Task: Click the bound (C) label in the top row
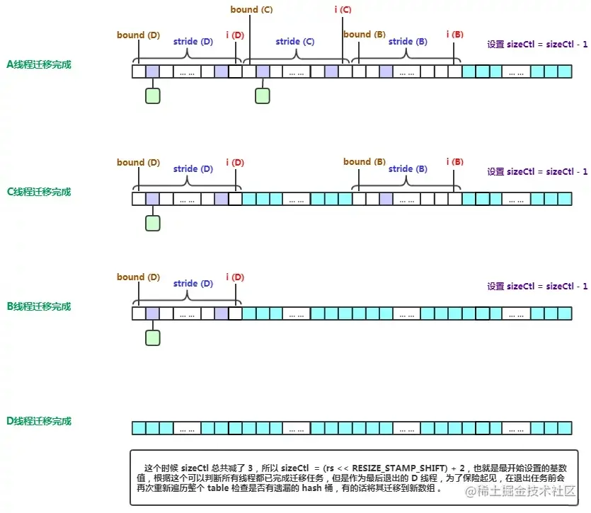251,9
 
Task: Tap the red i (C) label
343,9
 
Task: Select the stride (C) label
294,42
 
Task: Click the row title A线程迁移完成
39,64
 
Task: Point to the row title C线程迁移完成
39,192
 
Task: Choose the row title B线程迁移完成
39,306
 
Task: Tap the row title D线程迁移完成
39,421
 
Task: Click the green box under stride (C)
263,96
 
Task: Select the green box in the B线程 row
153,338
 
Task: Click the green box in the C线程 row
153,223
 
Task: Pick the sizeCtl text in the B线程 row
537,287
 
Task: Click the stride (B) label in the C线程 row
408,169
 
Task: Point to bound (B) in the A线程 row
365,35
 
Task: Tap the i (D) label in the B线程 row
235,277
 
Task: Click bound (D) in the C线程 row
138,163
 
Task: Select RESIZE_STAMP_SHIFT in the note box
399,468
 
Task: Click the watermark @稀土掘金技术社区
520,491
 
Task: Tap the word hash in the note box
311,488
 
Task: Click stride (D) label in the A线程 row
193,42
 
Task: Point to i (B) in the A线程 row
455,35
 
